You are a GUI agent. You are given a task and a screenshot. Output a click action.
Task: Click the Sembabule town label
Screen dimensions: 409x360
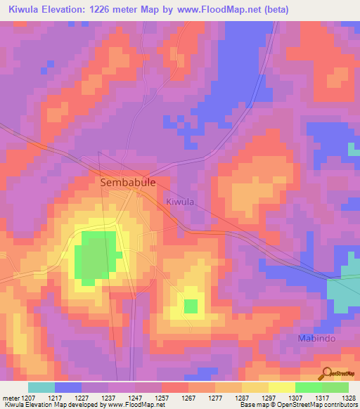[127, 181]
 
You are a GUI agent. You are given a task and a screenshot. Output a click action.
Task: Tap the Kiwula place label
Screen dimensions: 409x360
[180, 202]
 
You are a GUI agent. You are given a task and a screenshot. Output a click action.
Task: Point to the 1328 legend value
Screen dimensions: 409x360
[349, 398]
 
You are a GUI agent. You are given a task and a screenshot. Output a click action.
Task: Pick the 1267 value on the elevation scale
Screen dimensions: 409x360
[188, 398]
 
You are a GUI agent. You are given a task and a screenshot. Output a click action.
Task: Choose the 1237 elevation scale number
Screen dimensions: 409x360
[108, 398]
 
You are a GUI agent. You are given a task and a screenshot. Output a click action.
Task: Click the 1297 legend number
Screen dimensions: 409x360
[269, 398]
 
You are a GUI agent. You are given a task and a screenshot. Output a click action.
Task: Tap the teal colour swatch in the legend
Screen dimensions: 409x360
[41, 387]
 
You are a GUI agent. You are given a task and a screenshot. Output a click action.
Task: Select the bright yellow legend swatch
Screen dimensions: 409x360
[281, 387]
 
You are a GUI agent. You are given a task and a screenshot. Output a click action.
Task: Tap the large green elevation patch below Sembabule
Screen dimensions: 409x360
[96, 257]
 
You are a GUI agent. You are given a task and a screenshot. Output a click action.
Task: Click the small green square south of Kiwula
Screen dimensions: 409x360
[191, 306]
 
